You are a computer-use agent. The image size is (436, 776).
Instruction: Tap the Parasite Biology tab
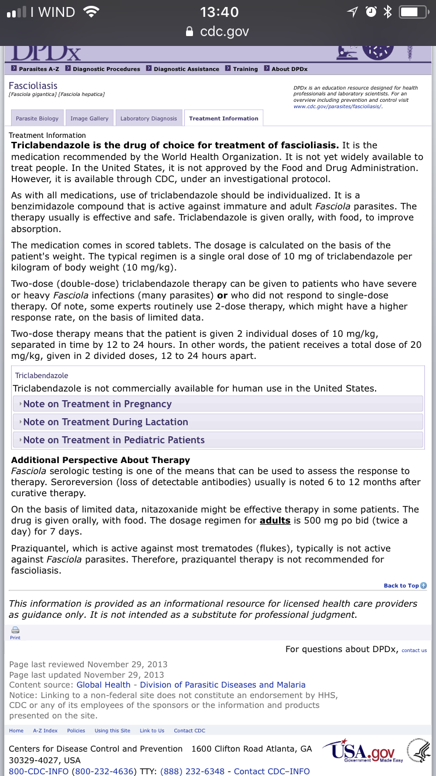[x=37, y=119]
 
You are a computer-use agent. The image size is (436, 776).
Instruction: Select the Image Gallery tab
[x=90, y=119]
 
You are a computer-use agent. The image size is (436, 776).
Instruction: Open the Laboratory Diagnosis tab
[x=148, y=119]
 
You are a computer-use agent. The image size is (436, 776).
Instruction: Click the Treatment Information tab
[x=223, y=119]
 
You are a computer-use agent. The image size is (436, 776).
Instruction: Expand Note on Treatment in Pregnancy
[x=97, y=404]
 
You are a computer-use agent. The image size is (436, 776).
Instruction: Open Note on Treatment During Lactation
[x=105, y=422]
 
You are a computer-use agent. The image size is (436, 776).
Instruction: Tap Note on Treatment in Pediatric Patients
[x=114, y=440]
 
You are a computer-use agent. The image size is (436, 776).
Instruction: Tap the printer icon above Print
[x=15, y=630]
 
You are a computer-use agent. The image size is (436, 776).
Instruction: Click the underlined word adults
[x=275, y=520]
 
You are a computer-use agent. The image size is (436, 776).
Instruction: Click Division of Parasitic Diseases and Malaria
[x=223, y=685]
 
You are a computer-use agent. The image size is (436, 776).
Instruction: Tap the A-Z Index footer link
[x=45, y=731]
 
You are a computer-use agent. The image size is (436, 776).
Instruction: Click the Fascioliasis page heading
[x=33, y=86]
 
